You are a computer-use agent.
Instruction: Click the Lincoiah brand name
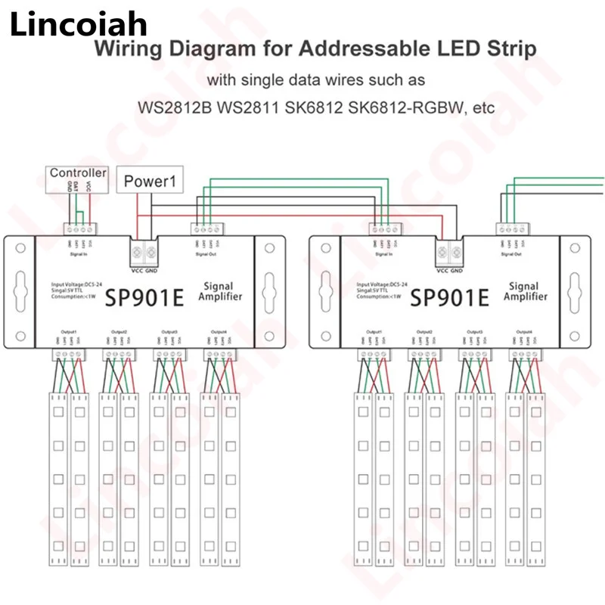pos(79,24)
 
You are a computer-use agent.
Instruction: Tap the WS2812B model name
pos(175,108)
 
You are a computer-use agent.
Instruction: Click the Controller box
pos(79,173)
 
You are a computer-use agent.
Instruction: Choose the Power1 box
pos(149,181)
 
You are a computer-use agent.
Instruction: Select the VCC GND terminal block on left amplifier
pos(144,251)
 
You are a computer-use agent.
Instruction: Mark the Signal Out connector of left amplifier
pos(206,227)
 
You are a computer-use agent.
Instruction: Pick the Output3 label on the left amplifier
pos(169,332)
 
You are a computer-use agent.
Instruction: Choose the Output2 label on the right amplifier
pos(423,332)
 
